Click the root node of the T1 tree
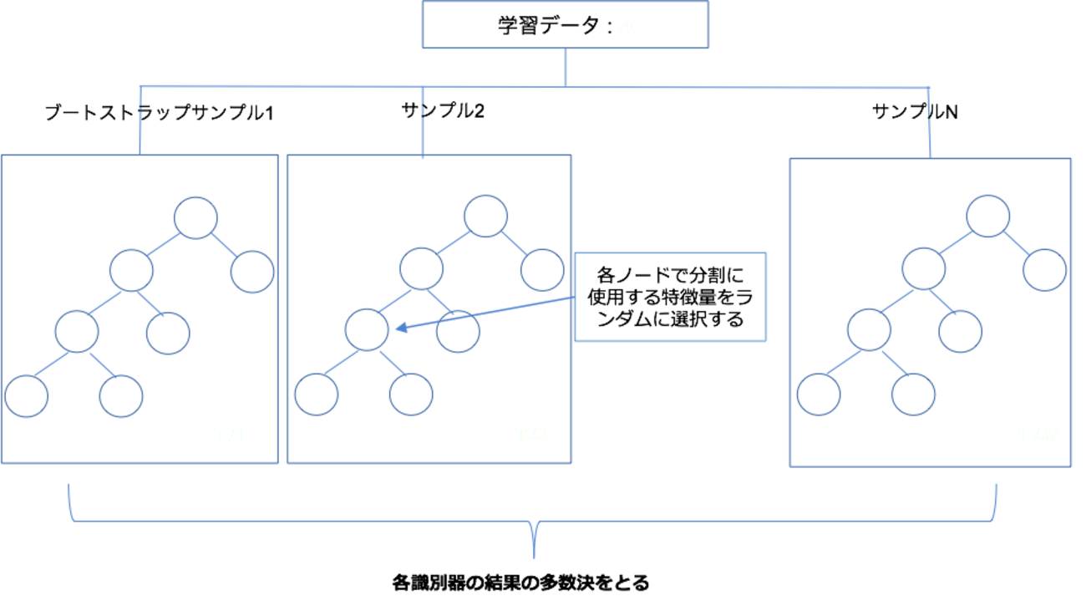(196, 217)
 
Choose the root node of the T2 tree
(485, 216)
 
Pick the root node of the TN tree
(987, 215)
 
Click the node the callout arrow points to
(367, 328)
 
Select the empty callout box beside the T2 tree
(670, 296)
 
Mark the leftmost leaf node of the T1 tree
(27, 396)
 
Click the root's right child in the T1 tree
(252, 272)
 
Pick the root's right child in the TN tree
(1044, 270)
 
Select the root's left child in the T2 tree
(421, 268)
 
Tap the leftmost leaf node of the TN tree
(818, 395)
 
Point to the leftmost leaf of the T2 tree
(317, 395)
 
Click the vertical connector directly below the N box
(566, 68)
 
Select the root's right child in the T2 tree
(542, 270)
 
